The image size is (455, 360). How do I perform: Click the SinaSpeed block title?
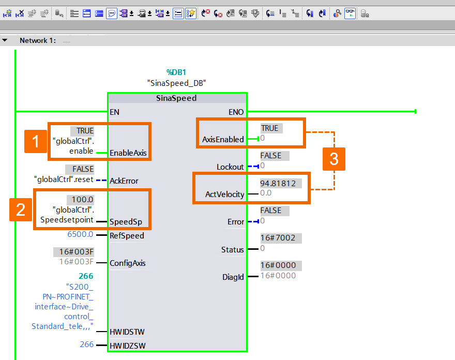pos(176,98)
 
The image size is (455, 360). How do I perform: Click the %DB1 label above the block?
pos(176,72)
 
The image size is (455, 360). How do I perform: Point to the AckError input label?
pos(124,181)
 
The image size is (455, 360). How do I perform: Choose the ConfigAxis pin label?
pos(128,263)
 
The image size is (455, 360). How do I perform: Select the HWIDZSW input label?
pos(126,345)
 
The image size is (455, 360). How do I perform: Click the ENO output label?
pos(236,112)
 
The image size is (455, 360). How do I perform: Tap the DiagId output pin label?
pos(233,277)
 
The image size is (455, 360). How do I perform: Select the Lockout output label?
pos(230,167)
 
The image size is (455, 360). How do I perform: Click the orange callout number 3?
pos(334,159)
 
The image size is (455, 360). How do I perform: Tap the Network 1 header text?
pos(37,40)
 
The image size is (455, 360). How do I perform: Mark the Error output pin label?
pos(236,221)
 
